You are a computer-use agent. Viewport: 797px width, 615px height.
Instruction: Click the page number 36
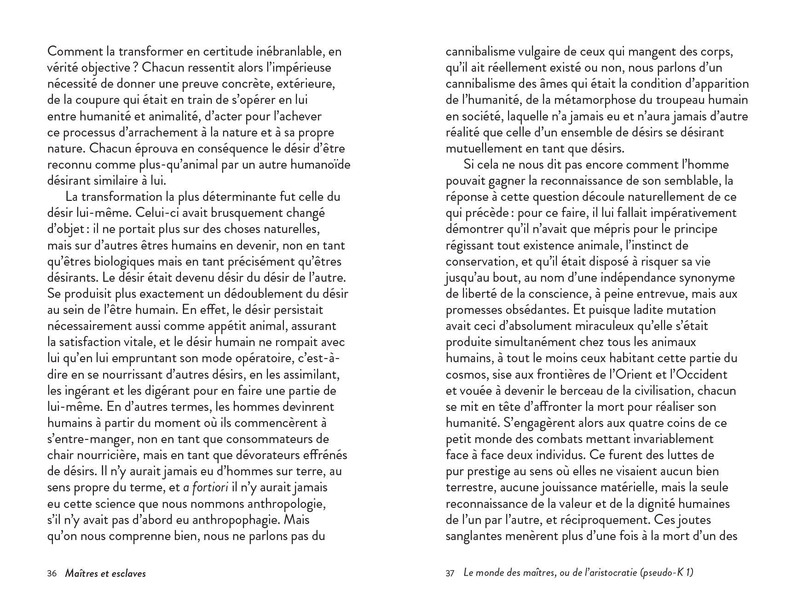pos(52,573)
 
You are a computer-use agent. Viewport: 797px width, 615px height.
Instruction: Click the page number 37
pos(450,573)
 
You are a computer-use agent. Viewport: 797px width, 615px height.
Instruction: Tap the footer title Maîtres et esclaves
pos(105,573)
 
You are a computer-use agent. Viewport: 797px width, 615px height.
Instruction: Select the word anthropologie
pos(286,504)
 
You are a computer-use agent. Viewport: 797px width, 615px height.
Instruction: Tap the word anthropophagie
pos(231,520)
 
